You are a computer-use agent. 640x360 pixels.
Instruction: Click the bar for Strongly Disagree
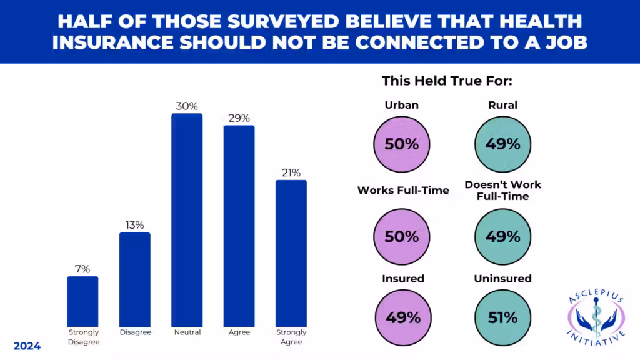point(82,301)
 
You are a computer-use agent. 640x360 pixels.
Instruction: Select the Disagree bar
point(135,279)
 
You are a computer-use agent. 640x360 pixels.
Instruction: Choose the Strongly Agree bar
point(291,253)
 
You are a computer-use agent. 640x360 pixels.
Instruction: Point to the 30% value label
point(187,106)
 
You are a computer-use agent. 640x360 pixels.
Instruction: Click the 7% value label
point(82,269)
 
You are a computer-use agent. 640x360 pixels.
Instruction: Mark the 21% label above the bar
point(291,173)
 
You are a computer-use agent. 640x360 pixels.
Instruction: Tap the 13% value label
point(135,225)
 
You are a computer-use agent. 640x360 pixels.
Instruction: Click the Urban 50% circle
point(402,144)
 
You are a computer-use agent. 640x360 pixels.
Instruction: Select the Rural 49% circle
point(503,144)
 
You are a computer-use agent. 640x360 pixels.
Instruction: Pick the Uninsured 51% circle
point(503,317)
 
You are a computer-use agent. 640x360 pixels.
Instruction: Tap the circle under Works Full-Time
point(402,237)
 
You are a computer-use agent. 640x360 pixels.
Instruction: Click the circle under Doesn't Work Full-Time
point(503,237)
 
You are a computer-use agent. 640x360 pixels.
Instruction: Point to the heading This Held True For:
point(447,81)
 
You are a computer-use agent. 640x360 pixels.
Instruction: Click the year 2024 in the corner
point(27,346)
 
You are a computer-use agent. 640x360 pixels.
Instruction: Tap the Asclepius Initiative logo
point(596,319)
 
